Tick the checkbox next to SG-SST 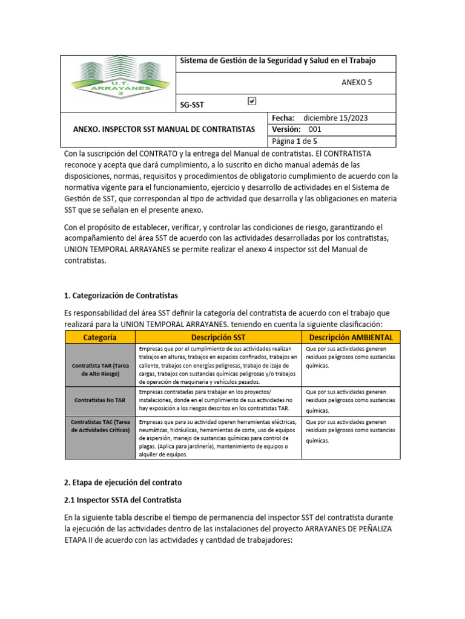(x=252, y=102)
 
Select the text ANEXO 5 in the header (x=357, y=83)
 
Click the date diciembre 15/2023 (x=335, y=118)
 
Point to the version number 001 (x=315, y=129)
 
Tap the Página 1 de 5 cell (x=295, y=141)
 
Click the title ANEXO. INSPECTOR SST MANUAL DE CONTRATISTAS (x=163, y=129)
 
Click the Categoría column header (x=100, y=337)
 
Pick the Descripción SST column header (x=218, y=337)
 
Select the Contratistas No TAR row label (x=100, y=400)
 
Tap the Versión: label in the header (x=286, y=129)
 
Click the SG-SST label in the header (x=192, y=105)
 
